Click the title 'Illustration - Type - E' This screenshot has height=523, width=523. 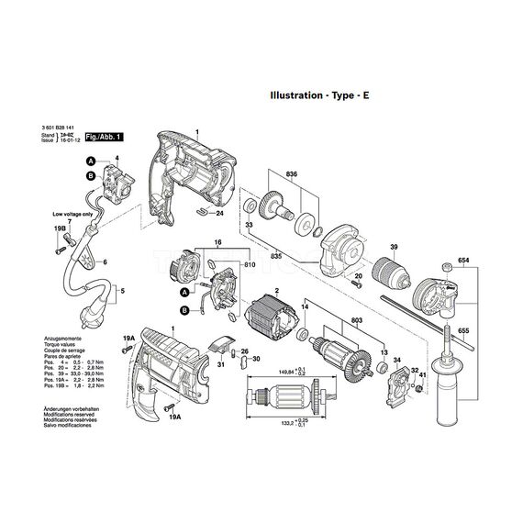click(318, 95)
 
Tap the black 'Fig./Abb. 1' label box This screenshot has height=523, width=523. click(104, 136)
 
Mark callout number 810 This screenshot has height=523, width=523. click(249, 265)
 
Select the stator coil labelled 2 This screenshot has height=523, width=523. click(273, 323)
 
